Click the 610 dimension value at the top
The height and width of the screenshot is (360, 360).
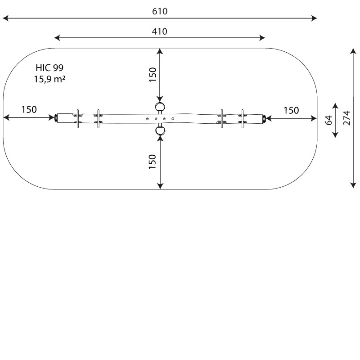(x=160, y=12)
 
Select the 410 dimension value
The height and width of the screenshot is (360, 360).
(x=160, y=31)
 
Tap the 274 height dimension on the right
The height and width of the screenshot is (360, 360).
(x=346, y=118)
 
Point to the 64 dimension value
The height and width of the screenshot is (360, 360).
(x=328, y=120)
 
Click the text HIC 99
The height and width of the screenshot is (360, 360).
(x=49, y=68)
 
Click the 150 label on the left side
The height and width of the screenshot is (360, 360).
(x=29, y=109)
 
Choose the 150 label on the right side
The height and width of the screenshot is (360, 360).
(x=291, y=110)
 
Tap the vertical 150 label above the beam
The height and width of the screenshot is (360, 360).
(x=153, y=75)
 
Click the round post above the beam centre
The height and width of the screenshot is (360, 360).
(x=160, y=107)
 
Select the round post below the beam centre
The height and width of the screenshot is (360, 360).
(x=160, y=131)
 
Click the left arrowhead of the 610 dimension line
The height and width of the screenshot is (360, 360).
(x=4, y=18)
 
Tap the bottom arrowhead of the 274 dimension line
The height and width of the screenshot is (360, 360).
(x=353, y=185)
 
